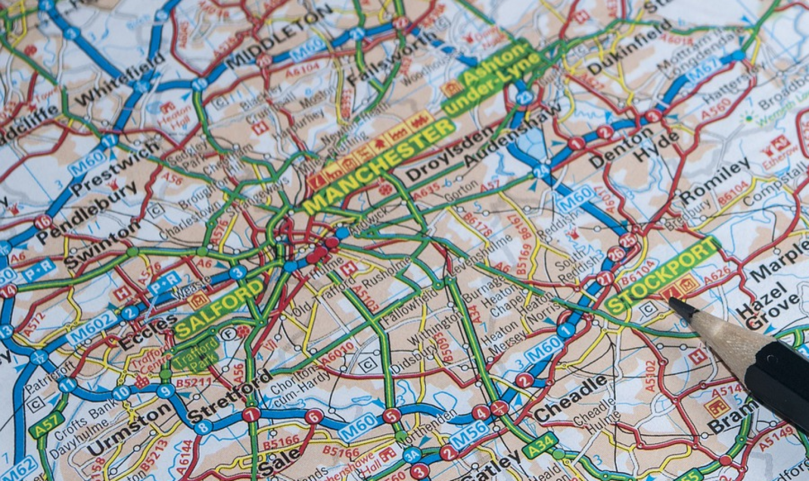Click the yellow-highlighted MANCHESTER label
(x=379, y=166)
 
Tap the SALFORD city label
(x=219, y=308)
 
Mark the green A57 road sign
(x=46, y=424)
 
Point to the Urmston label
(x=129, y=430)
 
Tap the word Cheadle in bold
(x=571, y=399)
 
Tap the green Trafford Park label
(x=195, y=353)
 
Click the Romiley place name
(x=714, y=181)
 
